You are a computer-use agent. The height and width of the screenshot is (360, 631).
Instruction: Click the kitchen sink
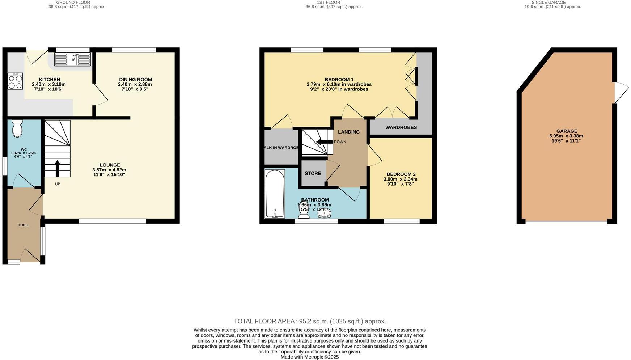[72, 59]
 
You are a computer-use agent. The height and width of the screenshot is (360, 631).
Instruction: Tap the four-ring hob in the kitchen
[15, 81]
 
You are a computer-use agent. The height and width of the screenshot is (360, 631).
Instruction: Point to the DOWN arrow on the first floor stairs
[324, 142]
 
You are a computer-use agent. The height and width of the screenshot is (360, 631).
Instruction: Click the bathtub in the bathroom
[275, 194]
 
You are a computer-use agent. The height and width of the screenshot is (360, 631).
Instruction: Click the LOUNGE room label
[110, 165]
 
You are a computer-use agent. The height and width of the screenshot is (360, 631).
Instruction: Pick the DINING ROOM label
[135, 80]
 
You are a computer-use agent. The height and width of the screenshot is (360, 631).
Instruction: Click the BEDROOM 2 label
[401, 174]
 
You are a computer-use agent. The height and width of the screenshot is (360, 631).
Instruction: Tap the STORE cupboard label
[313, 173]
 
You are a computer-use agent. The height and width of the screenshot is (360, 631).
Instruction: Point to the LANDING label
[348, 132]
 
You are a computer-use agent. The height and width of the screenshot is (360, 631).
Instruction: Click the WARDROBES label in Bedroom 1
[401, 127]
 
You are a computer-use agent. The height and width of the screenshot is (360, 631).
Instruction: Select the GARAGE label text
[567, 131]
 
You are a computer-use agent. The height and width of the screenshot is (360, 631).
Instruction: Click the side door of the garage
[621, 93]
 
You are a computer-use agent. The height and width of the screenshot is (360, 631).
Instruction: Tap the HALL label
[24, 225]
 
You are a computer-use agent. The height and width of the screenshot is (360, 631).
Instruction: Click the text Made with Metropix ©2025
[309, 357]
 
